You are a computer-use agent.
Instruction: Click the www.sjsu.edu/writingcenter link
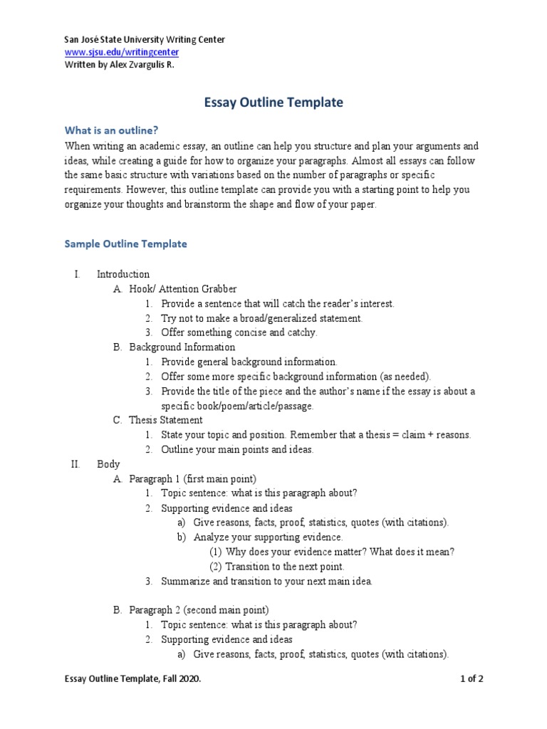point(121,52)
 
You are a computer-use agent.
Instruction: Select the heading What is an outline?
point(110,130)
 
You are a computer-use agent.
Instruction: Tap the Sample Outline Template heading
point(125,243)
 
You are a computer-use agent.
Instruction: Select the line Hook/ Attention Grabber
point(182,289)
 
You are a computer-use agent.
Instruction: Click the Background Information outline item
point(182,347)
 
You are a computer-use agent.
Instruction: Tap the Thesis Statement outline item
point(166,420)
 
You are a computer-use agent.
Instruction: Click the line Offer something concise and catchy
point(239,332)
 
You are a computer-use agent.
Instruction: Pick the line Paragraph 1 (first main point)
point(192,478)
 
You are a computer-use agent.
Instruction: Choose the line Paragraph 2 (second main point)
point(199,610)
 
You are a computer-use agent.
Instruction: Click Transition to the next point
point(284,567)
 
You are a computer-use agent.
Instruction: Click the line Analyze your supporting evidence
point(268,537)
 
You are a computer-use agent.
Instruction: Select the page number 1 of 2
point(472,679)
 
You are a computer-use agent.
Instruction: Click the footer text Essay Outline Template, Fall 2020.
point(132,679)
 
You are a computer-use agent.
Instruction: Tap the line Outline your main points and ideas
point(237,449)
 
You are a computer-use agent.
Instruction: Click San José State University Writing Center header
point(145,39)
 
